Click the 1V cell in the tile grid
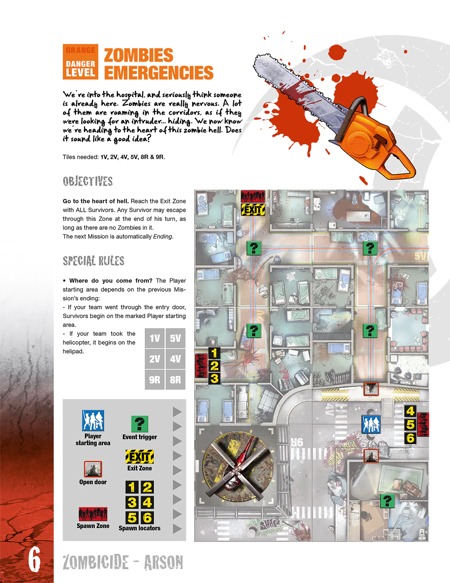(154, 338)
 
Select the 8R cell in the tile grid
(175, 380)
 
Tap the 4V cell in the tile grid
(175, 359)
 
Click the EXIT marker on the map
(253, 209)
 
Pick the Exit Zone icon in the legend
(139, 457)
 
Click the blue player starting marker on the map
(371, 424)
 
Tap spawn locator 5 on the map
(410, 425)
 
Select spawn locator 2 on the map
(214, 366)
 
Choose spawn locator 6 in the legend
(147, 518)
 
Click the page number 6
(34, 559)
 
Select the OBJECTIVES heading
(88, 181)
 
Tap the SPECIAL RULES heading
(93, 261)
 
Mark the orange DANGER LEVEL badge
(80, 62)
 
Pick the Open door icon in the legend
(93, 469)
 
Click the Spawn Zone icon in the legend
(93, 514)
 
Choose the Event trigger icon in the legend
(139, 424)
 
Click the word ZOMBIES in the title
(139, 55)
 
